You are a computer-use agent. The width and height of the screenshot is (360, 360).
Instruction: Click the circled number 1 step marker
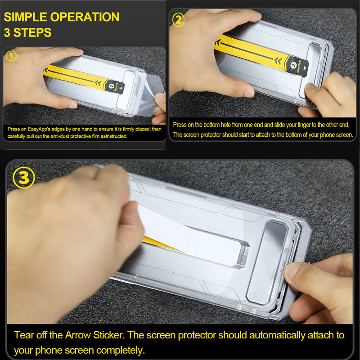click(x=11, y=56)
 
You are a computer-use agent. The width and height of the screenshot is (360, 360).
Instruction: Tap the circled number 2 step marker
click(x=178, y=20)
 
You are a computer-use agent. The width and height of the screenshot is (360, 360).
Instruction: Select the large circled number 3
click(x=24, y=178)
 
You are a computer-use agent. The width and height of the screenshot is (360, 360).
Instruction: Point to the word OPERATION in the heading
click(x=85, y=17)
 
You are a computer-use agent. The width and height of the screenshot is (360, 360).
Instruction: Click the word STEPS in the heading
click(x=32, y=32)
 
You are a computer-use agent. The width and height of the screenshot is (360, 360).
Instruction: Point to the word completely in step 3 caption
click(x=121, y=351)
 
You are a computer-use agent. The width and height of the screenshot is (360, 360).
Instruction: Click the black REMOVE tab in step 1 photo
click(x=114, y=87)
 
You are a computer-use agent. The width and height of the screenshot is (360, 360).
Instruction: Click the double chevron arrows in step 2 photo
click(x=278, y=61)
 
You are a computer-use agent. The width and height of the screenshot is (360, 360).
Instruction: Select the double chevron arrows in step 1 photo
click(x=98, y=83)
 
